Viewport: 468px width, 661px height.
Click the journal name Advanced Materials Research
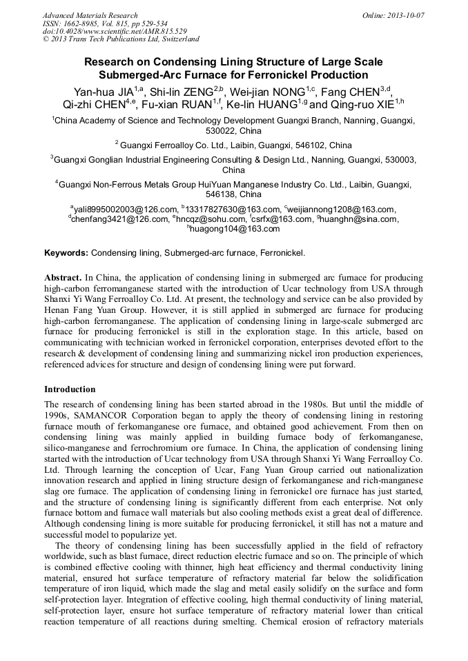(90, 15)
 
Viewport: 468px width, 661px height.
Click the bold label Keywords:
(66, 254)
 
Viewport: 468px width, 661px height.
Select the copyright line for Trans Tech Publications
(121, 40)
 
